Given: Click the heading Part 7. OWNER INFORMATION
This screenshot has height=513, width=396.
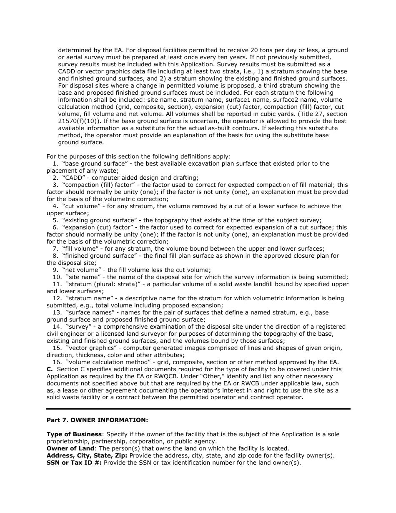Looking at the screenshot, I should tap(97, 420).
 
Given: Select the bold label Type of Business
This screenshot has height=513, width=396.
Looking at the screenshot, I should tap(74, 434).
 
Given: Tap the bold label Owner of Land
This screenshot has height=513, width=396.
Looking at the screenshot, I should tap(70, 448).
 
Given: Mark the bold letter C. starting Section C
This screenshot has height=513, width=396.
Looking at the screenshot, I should tap(50, 369).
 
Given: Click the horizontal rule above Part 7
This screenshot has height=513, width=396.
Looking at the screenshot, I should tap(198, 409).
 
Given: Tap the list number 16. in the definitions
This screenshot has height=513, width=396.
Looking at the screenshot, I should tap(57, 362).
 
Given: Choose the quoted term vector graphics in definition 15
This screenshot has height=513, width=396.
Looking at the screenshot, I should tap(90, 348).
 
